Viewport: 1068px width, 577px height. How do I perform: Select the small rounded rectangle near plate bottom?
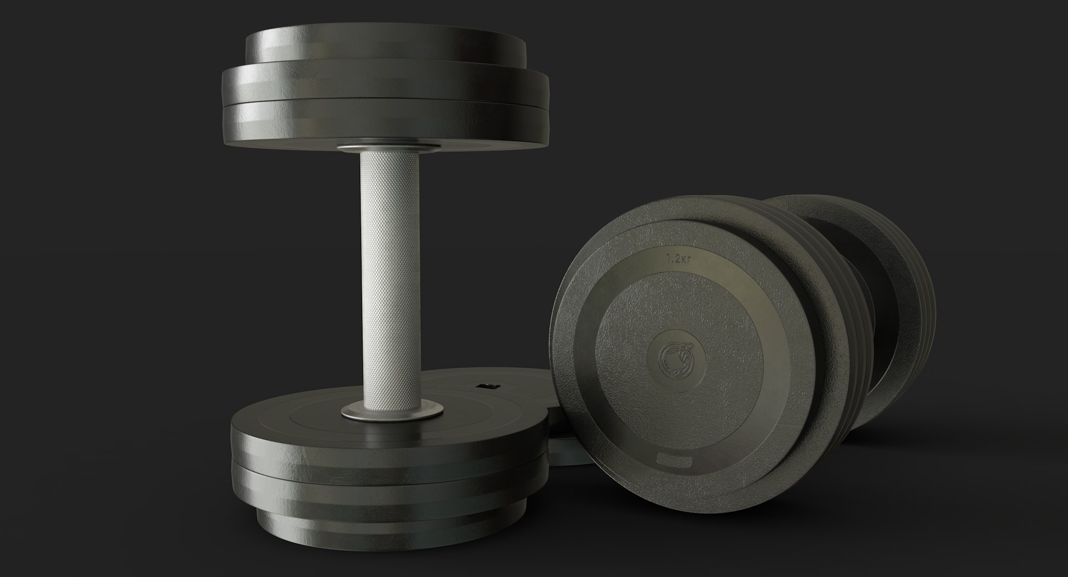(x=672, y=461)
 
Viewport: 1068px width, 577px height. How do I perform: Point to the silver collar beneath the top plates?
(x=388, y=148)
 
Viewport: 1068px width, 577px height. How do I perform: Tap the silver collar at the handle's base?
(x=388, y=412)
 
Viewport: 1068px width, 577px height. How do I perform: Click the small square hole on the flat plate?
(x=487, y=385)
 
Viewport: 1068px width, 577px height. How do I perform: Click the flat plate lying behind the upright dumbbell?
(x=517, y=389)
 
